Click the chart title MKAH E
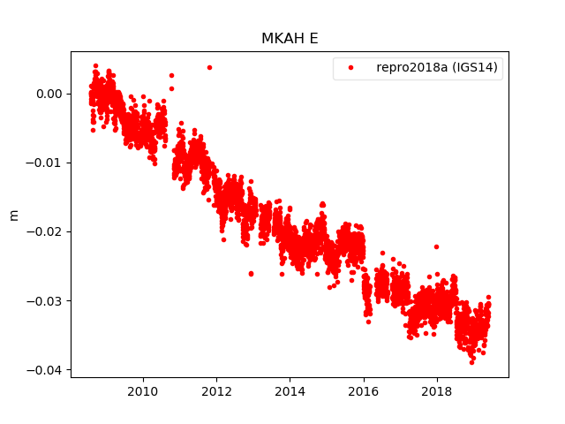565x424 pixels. [289, 39]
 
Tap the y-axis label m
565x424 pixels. [13, 215]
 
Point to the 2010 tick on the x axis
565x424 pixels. [143, 391]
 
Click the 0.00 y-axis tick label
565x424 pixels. [49, 94]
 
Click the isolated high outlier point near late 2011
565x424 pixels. [209, 67]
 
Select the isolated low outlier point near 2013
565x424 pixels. [251, 274]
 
